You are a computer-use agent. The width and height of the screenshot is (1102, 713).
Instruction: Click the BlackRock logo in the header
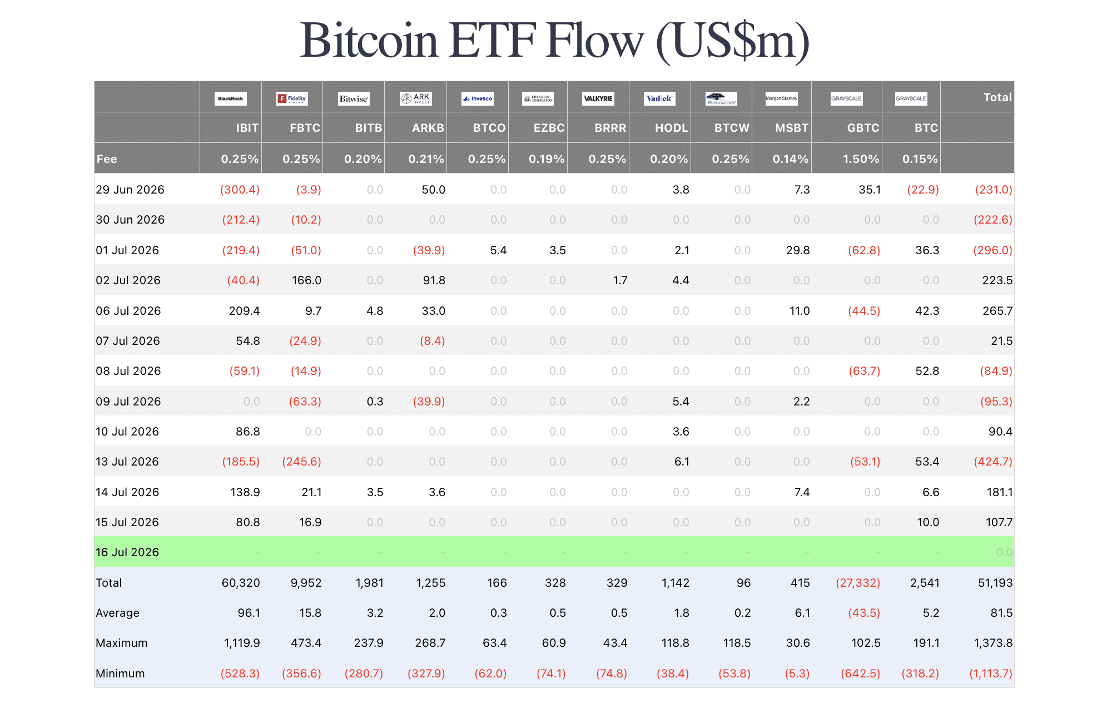point(231,98)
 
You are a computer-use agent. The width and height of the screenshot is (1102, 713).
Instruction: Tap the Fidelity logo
point(292,98)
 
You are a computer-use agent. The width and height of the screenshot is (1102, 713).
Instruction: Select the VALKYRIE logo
point(598,98)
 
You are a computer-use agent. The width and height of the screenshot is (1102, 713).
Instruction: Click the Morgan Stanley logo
point(782,98)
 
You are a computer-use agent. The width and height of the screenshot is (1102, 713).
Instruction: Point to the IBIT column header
point(247,128)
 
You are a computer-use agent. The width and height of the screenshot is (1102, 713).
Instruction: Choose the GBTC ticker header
point(863,128)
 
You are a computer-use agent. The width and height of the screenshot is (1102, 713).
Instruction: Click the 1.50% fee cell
point(861,159)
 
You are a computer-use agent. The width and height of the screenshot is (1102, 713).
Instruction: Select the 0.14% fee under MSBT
point(791,159)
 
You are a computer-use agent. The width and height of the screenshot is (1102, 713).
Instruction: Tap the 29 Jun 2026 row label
point(130,190)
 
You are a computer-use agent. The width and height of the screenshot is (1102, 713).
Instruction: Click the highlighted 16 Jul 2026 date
point(127,552)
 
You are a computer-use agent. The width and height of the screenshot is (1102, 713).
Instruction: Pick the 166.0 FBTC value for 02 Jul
point(307,280)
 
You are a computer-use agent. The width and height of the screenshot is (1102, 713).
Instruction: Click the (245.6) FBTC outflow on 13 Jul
point(302,462)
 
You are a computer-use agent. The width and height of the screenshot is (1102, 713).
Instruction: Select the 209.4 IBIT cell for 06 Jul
point(245,311)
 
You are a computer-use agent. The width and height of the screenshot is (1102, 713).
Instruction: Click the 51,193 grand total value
point(995,583)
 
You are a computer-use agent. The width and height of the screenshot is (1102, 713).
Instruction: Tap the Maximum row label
point(122,643)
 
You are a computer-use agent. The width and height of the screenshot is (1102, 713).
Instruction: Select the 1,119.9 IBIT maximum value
point(242,643)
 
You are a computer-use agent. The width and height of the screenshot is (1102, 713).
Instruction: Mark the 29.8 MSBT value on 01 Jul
point(798,250)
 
